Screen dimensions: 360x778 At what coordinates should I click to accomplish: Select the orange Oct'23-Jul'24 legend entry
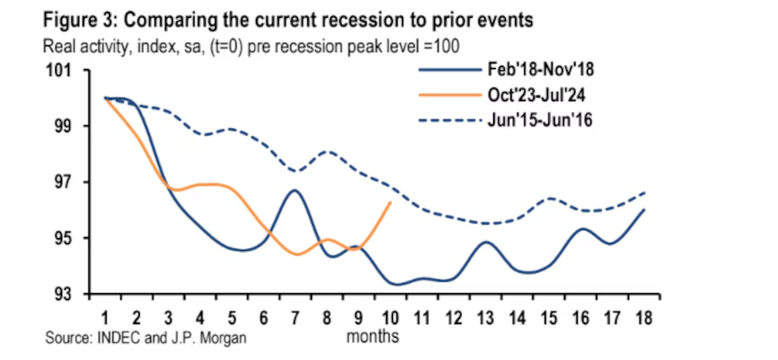pyautogui.click(x=534, y=96)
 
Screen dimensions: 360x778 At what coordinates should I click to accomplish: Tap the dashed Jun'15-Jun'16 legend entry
pyautogui.click(x=534, y=121)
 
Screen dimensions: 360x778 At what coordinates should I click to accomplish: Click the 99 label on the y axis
pyautogui.click(x=62, y=126)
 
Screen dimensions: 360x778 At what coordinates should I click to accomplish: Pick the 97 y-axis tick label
pyautogui.click(x=62, y=182)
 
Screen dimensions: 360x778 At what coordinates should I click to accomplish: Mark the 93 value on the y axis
pyautogui.click(x=62, y=294)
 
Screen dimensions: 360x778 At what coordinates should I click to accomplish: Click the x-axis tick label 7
pyautogui.click(x=295, y=316)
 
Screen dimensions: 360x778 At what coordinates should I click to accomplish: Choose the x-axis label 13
pyautogui.click(x=485, y=316)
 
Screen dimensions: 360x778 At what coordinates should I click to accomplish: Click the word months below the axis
pyautogui.click(x=373, y=337)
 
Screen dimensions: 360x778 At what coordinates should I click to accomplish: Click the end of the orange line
pyautogui.click(x=390, y=202)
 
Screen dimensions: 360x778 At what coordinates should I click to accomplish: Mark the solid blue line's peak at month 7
pyautogui.click(x=294, y=190)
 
